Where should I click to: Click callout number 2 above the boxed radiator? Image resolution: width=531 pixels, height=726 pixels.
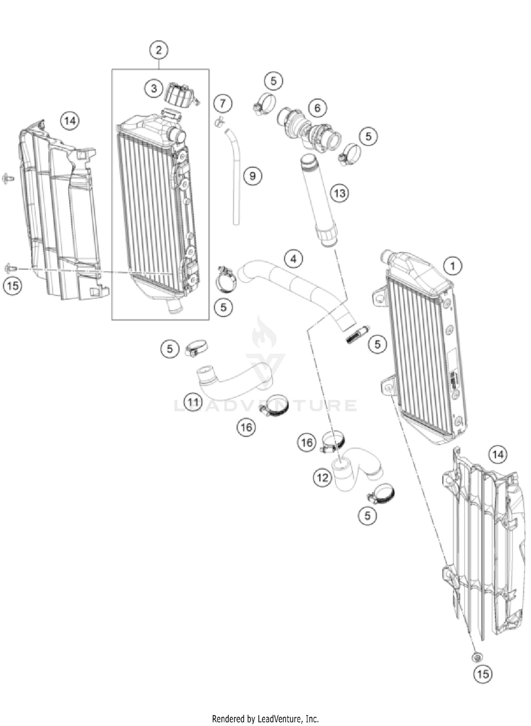pyautogui.click(x=159, y=50)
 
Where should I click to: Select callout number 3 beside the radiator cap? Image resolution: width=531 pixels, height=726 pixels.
pyautogui.click(x=154, y=88)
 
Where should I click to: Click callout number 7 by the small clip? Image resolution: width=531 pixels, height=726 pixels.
pyautogui.click(x=223, y=104)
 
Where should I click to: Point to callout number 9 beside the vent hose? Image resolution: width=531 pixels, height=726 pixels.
pyautogui.click(x=252, y=176)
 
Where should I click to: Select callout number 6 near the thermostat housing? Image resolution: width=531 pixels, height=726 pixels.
pyautogui.click(x=317, y=108)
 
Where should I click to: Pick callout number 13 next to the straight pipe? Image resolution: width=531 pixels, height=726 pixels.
pyautogui.click(x=339, y=194)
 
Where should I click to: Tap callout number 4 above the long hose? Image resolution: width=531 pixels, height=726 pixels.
pyautogui.click(x=293, y=259)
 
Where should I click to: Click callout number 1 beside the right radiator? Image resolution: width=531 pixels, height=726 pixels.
pyautogui.click(x=452, y=265)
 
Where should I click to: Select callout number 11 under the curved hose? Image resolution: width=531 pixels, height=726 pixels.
pyautogui.click(x=193, y=402)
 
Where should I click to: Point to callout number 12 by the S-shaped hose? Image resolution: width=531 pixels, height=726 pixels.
pyautogui.click(x=322, y=478)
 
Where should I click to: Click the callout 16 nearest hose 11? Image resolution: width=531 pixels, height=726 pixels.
pyautogui.click(x=246, y=427)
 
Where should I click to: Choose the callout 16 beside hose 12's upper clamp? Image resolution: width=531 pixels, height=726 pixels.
pyautogui.click(x=307, y=442)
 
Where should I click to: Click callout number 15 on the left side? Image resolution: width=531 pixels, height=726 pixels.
pyautogui.click(x=13, y=285)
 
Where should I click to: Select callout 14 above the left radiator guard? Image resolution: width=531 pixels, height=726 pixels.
pyautogui.click(x=70, y=121)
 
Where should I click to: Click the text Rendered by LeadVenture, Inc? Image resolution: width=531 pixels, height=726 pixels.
pyautogui.click(x=265, y=719)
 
